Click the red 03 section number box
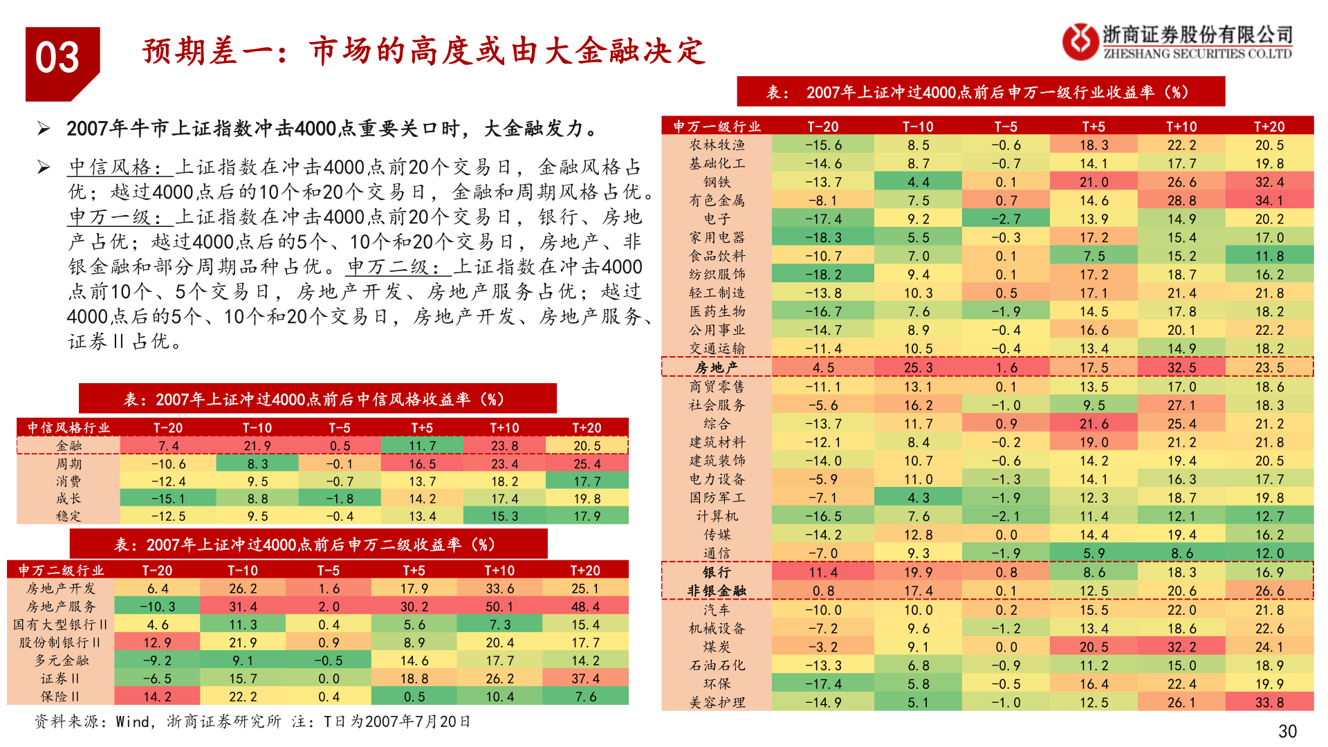click(x=61, y=61)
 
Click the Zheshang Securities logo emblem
click(x=1080, y=41)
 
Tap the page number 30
click(x=1286, y=731)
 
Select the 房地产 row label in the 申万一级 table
click(x=717, y=367)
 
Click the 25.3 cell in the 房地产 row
click(x=918, y=367)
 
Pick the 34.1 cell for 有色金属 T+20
click(x=1269, y=201)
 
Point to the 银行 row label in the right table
click(x=717, y=572)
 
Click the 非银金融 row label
click(x=717, y=591)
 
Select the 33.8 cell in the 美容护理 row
click(x=1269, y=702)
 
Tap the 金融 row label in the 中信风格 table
click(x=68, y=445)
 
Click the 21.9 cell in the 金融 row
click(x=257, y=446)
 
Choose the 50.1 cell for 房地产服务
click(x=499, y=607)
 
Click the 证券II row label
click(x=60, y=679)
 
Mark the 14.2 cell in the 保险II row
click(x=157, y=697)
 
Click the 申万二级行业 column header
click(x=61, y=570)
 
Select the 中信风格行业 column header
click(x=68, y=427)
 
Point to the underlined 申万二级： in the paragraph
click(x=399, y=267)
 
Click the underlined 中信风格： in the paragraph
click(x=120, y=167)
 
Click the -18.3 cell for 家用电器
click(x=823, y=237)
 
